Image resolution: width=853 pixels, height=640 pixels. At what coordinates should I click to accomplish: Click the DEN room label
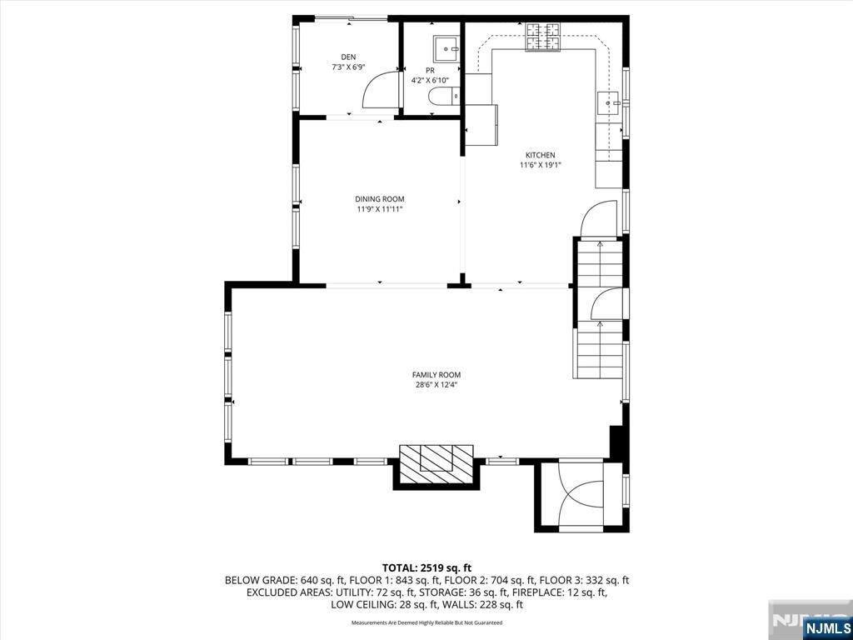[348, 57]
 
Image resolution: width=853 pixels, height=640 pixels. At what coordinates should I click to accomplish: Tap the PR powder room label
[430, 70]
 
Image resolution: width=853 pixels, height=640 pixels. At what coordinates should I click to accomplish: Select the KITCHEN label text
[540, 155]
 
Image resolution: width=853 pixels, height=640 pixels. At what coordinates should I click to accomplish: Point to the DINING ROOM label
[380, 199]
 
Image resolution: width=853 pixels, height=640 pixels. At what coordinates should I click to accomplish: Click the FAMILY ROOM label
[436, 375]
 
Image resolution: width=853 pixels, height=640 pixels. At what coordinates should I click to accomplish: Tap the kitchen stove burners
[542, 37]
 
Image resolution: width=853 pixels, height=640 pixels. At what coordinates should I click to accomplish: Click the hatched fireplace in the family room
[436, 463]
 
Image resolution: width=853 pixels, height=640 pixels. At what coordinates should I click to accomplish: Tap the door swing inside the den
[380, 90]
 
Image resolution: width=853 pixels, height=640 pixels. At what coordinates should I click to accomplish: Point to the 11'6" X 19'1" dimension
[540, 165]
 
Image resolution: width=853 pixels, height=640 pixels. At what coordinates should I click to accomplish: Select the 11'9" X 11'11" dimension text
[380, 209]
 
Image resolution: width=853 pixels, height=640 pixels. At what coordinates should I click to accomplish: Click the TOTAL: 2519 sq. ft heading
[426, 568]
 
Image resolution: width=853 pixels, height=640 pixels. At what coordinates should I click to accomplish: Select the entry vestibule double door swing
[581, 494]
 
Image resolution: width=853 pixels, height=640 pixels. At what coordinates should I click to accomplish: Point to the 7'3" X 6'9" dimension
[348, 67]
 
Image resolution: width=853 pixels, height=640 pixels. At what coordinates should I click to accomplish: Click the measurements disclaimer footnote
[426, 622]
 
